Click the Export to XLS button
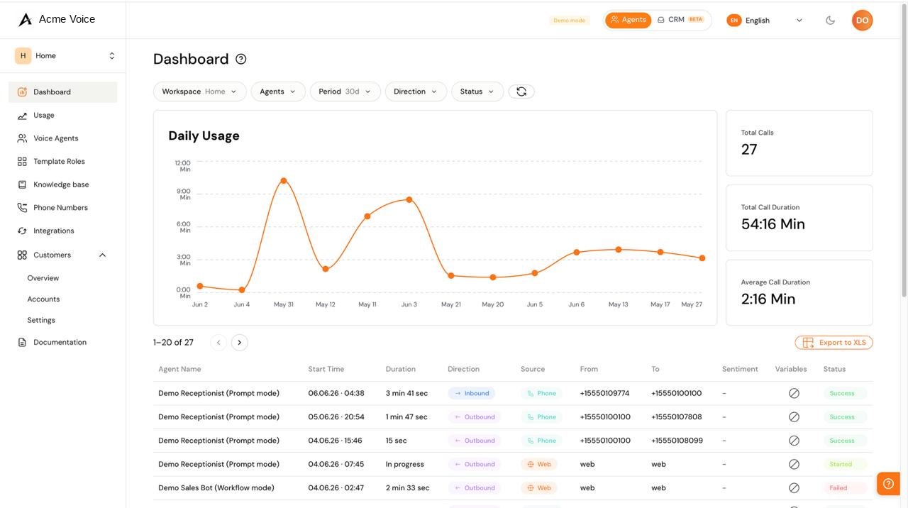[834, 343]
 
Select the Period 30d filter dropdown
[345, 92]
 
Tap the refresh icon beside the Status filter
[521, 92]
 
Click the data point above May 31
[284, 181]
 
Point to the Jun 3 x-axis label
[409, 304]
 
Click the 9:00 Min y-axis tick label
[183, 194]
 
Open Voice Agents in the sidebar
[55, 138]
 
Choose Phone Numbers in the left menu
[60, 208]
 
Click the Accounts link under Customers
[43, 299]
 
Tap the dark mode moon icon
[830, 21]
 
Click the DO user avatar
[862, 21]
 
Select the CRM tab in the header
[680, 20]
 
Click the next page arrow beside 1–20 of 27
[240, 343]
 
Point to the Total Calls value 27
[749, 150]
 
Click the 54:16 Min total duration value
[773, 224]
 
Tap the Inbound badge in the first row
[472, 393]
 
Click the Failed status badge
[838, 488]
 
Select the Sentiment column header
[740, 370]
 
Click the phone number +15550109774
[604, 393]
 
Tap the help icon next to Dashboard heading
[240, 59]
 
